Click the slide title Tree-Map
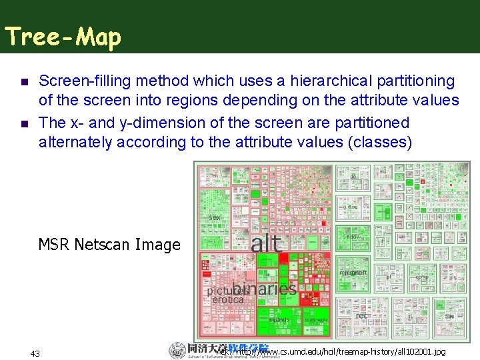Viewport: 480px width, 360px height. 63,37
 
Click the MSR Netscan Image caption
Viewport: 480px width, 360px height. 109,245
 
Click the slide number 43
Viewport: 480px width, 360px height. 35,353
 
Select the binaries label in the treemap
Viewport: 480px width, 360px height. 265,288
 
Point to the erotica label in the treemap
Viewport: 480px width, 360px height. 228,300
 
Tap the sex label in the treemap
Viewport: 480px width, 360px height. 215,217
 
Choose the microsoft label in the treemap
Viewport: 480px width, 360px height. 353,273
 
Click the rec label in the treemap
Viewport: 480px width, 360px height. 362,315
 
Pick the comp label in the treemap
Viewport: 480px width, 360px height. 421,277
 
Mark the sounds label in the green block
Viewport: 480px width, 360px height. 279,320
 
